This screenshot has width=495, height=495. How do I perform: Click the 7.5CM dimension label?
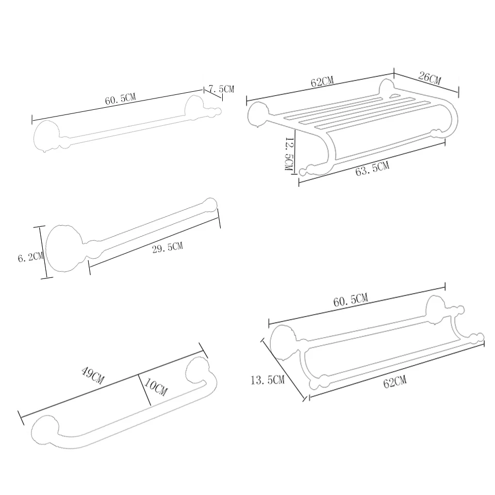pos(222,89)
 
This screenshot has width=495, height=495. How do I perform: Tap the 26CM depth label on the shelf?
pos(430,78)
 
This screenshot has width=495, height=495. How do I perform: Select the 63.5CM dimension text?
pos(372,168)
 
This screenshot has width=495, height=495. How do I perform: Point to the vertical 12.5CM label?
pos(289,154)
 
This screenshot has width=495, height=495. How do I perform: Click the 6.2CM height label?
pos(30,257)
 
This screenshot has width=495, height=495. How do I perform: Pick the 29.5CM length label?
pos(167,247)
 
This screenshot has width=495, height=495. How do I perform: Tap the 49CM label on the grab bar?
pos(93,375)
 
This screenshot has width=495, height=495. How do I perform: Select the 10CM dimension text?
pos(156,387)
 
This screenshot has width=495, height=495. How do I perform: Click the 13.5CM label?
pos(268,380)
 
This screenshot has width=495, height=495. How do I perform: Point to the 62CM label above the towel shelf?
pos(322,81)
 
